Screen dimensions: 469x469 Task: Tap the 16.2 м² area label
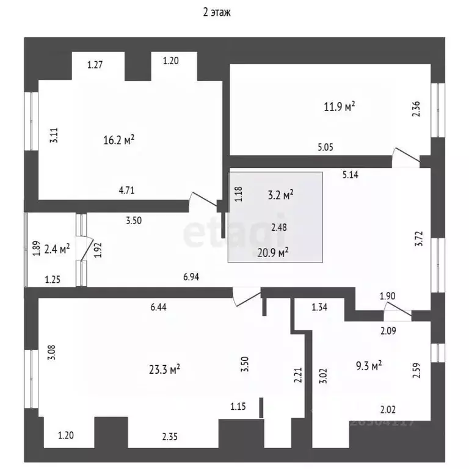pos(118,140)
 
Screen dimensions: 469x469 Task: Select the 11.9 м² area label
pos(340,107)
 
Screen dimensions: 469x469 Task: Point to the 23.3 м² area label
pos(164,369)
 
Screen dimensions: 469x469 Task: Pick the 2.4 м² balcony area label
pos(57,248)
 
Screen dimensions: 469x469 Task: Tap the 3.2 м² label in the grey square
pos(281,195)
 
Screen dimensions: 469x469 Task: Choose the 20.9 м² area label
pos(273,252)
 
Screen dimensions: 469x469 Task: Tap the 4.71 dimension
pos(126,190)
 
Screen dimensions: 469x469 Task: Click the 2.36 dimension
pos(416,109)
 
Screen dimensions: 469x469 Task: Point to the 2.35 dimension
pos(171,435)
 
